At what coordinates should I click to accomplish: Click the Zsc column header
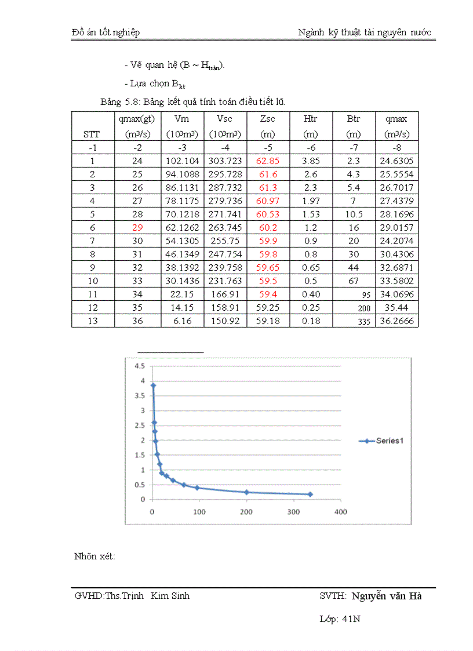(268, 119)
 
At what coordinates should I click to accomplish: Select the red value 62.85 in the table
(268, 161)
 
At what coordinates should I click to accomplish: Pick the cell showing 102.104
(182, 161)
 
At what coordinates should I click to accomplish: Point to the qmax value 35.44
(397, 308)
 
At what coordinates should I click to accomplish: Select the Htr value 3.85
(311, 161)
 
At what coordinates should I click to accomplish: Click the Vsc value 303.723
(225, 161)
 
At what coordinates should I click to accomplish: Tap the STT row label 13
(92, 321)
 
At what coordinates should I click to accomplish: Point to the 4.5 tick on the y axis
(139, 366)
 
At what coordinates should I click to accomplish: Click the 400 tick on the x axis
(341, 512)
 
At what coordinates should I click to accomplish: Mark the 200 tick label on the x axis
(246, 512)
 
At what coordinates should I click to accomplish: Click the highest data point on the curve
(153, 385)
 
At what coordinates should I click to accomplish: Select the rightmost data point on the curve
(310, 494)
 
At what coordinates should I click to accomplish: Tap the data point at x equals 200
(246, 492)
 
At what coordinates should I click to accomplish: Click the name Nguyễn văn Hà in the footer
(386, 596)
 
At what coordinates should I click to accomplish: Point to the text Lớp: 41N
(340, 619)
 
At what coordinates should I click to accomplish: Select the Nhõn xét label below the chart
(94, 557)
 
